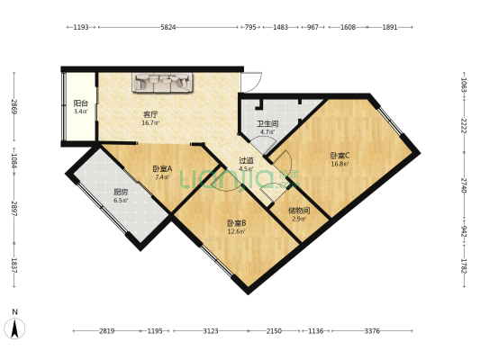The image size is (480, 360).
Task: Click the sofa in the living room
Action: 164,83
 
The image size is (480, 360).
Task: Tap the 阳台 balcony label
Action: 80,103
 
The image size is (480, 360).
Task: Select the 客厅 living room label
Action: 150,114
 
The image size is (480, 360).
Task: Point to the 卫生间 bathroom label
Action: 267,124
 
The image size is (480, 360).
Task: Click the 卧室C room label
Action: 340,155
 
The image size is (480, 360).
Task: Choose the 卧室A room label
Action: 162,169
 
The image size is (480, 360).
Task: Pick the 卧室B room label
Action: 236,223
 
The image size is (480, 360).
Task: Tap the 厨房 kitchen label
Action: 120,192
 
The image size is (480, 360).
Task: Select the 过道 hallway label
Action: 246,160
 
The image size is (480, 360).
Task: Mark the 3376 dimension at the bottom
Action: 372,331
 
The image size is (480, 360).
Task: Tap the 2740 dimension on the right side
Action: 463,184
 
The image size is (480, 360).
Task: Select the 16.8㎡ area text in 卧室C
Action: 340,164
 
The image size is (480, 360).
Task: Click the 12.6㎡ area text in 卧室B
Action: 236,231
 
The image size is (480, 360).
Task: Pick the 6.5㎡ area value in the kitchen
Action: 120,200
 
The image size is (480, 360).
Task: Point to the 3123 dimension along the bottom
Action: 211,331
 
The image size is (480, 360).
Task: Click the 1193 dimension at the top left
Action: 81,28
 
